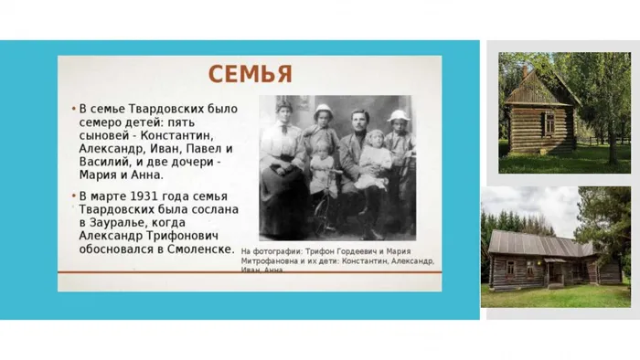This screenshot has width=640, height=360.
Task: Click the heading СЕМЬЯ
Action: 249,74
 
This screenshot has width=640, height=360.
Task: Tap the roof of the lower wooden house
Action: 539,241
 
